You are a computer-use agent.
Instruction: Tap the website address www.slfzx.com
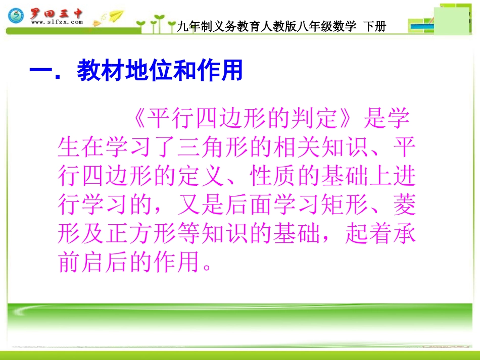[x=57, y=23]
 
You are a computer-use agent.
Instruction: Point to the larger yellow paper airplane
[x=116, y=16]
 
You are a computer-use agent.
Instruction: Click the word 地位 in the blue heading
[x=139, y=71]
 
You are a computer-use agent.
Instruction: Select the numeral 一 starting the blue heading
[x=40, y=71]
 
